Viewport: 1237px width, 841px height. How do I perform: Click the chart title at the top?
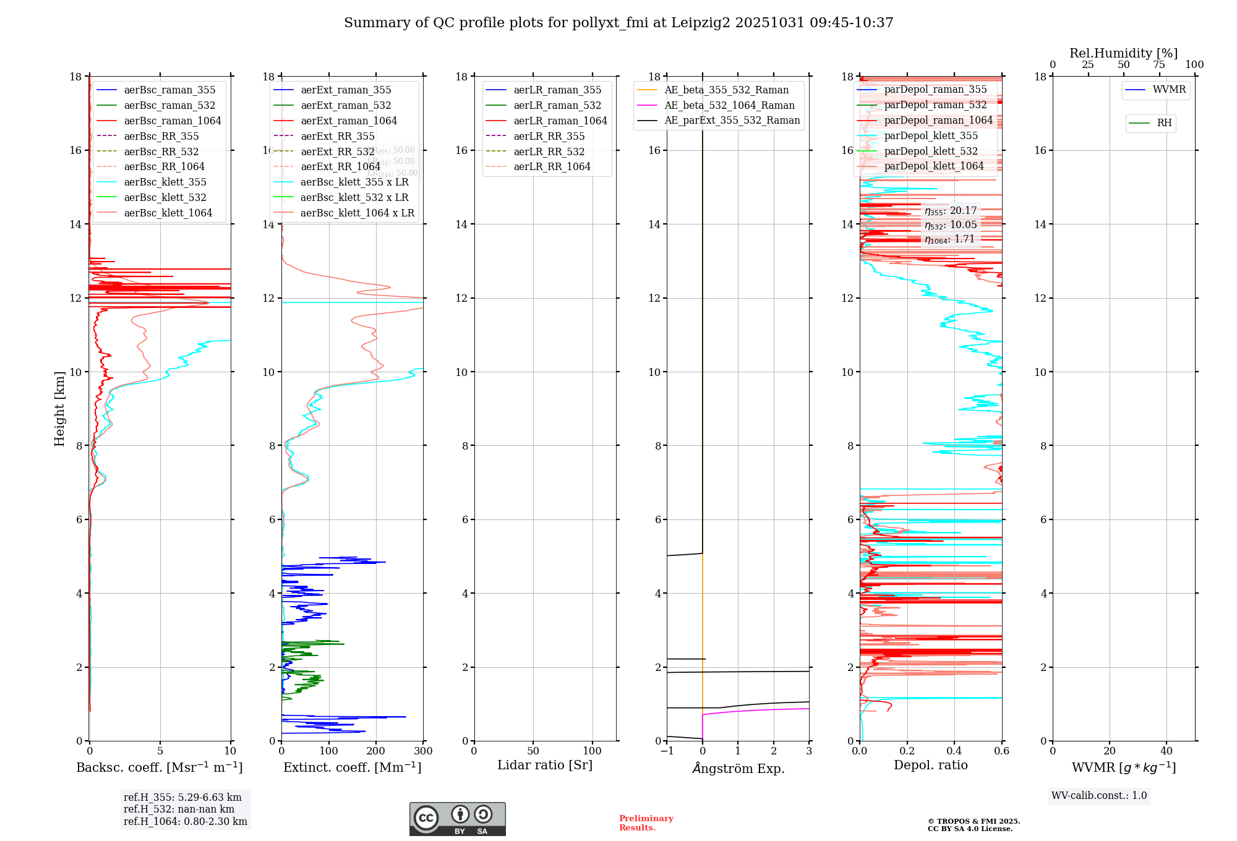click(x=618, y=23)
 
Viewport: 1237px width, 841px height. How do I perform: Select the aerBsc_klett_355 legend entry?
click(x=165, y=182)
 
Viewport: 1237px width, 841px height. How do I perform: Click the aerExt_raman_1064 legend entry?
click(x=349, y=121)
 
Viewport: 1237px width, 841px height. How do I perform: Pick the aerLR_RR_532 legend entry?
click(x=549, y=152)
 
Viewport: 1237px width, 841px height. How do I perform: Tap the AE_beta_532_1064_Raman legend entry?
click(x=729, y=106)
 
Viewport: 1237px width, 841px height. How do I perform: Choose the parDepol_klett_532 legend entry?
click(x=930, y=152)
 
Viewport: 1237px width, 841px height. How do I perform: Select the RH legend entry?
click(x=1164, y=123)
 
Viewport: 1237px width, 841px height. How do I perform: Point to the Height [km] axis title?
click(x=59, y=409)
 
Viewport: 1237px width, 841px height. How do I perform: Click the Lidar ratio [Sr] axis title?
click(x=545, y=766)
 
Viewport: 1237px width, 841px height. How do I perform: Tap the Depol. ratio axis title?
click(x=930, y=766)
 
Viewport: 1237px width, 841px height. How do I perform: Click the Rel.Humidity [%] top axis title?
click(x=1123, y=54)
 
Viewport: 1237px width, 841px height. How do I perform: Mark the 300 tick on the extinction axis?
click(x=424, y=751)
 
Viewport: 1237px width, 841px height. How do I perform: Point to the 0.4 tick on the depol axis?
click(x=954, y=751)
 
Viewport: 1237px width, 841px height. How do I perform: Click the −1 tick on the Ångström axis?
click(x=667, y=751)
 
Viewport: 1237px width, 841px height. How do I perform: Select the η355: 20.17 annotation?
click(x=951, y=211)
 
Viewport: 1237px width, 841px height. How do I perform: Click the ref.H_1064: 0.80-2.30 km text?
click(x=186, y=822)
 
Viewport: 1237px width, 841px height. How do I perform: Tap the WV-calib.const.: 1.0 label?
click(x=1099, y=796)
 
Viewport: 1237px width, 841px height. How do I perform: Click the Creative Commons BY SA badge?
click(x=457, y=819)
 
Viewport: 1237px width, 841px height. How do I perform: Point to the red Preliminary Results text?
click(x=646, y=823)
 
